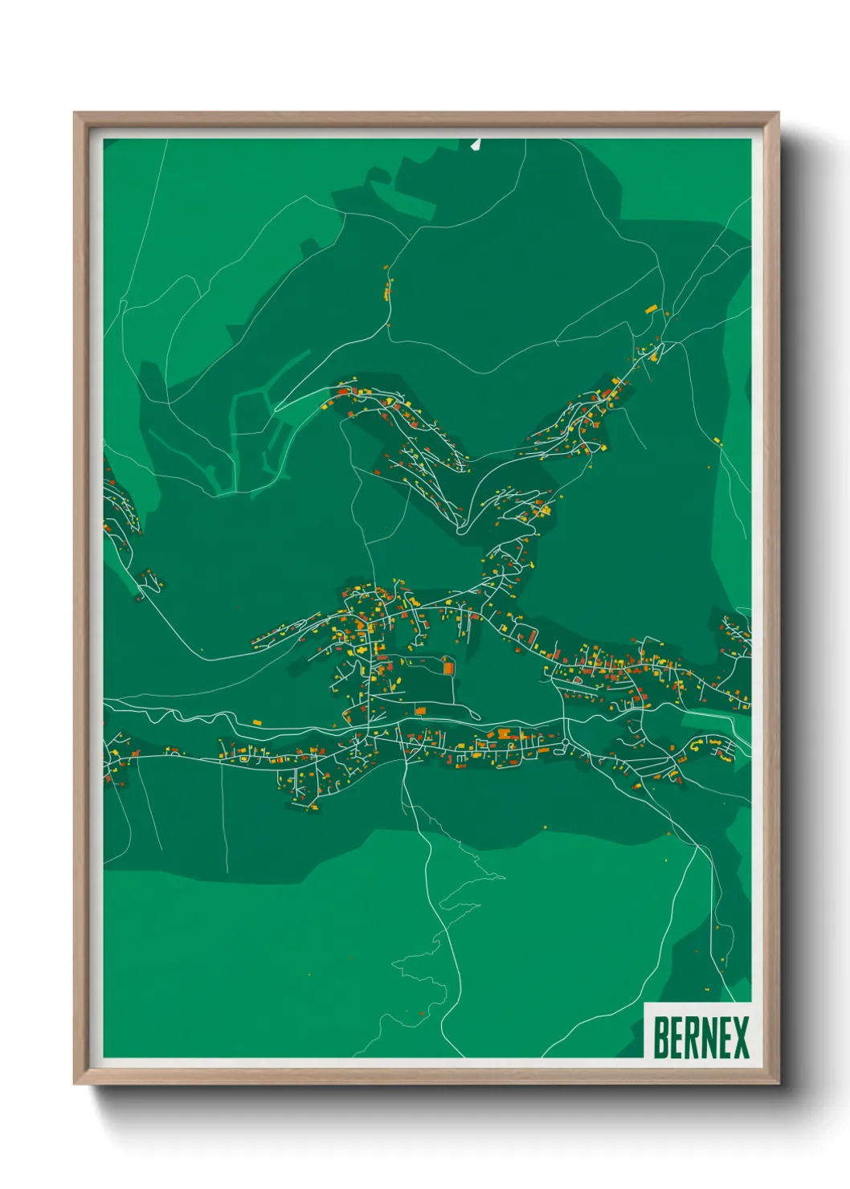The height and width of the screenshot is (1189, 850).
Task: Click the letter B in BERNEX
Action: tap(661, 1038)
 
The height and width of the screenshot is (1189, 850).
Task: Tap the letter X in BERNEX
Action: tap(740, 1038)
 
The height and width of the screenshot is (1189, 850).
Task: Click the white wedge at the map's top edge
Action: tap(476, 145)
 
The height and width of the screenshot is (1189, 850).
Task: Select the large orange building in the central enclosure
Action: tap(448, 665)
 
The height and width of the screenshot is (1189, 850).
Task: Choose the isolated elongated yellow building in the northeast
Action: tap(652, 308)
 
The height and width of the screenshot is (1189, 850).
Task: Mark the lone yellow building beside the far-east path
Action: tap(717, 440)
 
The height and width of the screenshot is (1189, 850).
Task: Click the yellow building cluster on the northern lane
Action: tap(388, 289)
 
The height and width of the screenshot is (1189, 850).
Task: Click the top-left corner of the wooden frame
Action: tap(75, 113)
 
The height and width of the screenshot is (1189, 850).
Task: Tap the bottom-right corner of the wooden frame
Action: tap(778, 1084)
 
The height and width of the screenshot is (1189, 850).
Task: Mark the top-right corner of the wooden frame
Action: tap(778, 113)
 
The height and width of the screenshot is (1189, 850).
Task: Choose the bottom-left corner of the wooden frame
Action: tap(75, 1084)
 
